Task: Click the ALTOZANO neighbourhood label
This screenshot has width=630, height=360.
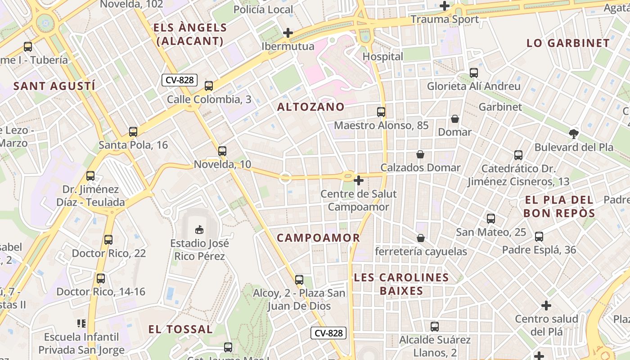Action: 311,107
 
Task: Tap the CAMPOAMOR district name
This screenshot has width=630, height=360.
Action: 318,238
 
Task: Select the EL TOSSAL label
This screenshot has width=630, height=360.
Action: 180,329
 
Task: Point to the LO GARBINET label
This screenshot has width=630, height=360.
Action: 568,43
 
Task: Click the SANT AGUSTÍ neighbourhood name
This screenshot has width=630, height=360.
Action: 54,86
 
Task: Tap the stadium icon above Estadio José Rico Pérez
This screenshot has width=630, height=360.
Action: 199,230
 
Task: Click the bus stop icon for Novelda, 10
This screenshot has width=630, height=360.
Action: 222,151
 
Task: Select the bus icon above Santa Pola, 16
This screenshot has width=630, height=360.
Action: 133,132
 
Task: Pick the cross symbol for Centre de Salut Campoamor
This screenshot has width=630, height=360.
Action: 359,181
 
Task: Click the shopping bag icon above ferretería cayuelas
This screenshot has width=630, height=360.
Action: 421,238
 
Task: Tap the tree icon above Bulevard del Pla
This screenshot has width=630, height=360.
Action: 573,134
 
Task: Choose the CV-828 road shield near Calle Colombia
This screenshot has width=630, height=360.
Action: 180,80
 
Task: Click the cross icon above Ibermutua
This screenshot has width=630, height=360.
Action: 288,33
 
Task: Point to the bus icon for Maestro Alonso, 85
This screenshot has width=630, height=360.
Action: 381,112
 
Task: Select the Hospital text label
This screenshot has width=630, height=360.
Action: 383,57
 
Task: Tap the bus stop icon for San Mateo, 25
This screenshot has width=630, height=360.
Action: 491,219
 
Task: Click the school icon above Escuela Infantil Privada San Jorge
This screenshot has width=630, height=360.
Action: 81,323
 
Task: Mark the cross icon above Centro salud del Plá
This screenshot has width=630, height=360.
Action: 546,306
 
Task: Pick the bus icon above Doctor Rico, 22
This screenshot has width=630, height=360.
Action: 108,240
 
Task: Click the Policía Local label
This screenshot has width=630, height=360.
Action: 263,9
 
